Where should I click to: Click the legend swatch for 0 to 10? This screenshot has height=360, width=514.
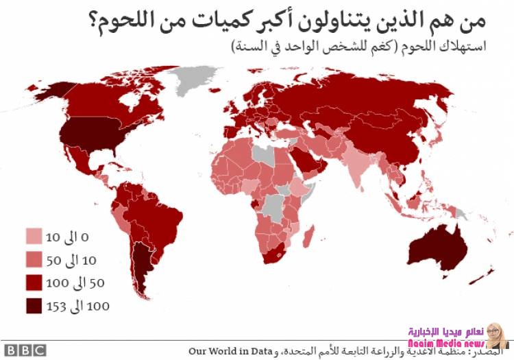34,237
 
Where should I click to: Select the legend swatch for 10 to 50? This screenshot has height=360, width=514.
34,260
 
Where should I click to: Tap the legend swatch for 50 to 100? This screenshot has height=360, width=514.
34,283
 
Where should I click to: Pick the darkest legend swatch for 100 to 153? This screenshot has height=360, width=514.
34,305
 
